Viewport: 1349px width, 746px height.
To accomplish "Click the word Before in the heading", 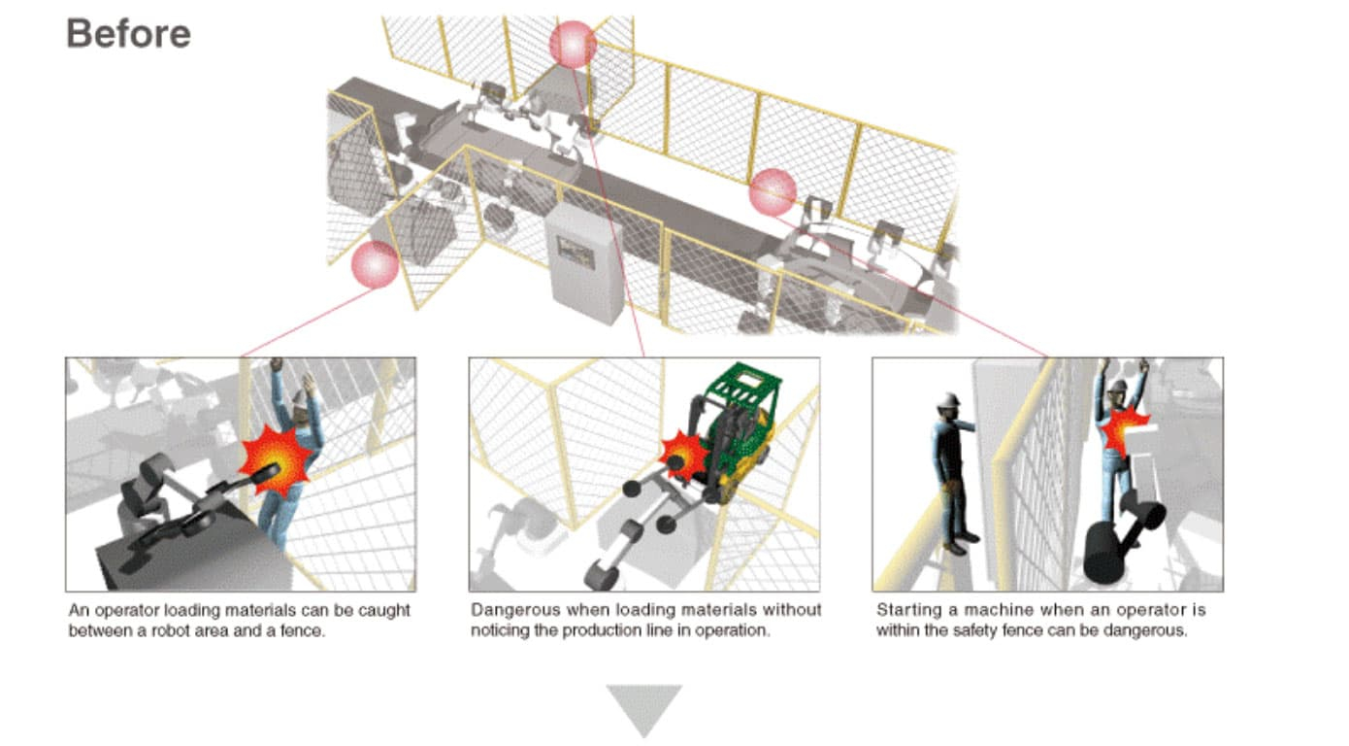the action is pyautogui.click(x=128, y=34).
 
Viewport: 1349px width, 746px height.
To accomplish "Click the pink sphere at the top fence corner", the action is pyautogui.click(x=573, y=45).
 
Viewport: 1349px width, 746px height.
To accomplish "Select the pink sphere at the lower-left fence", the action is pyautogui.click(x=376, y=264).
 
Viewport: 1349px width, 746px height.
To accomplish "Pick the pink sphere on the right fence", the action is pyautogui.click(x=773, y=192).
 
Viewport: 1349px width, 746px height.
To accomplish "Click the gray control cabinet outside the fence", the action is pyautogui.click(x=583, y=263).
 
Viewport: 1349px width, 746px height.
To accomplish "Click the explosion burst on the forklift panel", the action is pyautogui.click(x=685, y=456).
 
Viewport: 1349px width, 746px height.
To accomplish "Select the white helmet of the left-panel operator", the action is pyautogui.click(x=299, y=398).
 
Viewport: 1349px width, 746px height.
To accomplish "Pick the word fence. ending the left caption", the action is pyautogui.click(x=303, y=631).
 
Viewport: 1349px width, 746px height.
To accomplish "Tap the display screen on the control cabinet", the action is pyautogui.click(x=576, y=253).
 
